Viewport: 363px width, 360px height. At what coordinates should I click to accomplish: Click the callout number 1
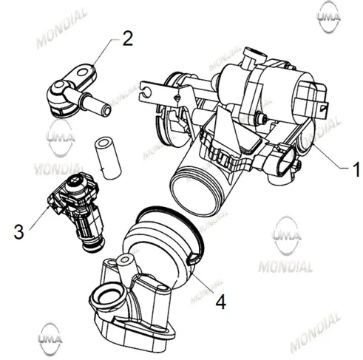point(356,169)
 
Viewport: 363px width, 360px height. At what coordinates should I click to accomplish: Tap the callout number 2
point(128,38)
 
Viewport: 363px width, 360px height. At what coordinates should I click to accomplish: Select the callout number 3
point(19,231)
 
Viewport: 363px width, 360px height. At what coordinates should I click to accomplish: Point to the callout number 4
point(221,302)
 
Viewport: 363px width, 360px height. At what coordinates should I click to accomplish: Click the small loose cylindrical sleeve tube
point(108,159)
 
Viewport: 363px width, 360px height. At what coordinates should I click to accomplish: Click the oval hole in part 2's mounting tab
point(83,72)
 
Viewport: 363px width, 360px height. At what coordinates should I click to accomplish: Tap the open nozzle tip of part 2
point(106,110)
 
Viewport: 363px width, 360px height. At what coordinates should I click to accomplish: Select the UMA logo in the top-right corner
point(328,17)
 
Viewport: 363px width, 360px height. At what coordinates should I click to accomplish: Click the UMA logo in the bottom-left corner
point(50,339)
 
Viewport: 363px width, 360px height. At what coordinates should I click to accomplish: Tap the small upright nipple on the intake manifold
point(125,267)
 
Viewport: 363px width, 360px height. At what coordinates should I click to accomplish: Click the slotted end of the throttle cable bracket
point(146,91)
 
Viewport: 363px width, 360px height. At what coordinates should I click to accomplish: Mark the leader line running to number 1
point(331,157)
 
